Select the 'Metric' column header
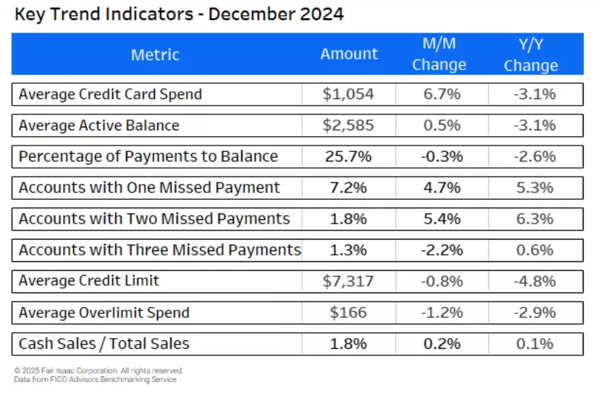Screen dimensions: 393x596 [155, 55]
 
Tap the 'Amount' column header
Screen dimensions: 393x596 [349, 54]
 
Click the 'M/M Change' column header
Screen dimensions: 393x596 [439, 54]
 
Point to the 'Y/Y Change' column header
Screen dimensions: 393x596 [531, 55]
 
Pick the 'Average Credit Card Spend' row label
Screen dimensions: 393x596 [110, 94]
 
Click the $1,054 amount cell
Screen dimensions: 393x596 [349, 94]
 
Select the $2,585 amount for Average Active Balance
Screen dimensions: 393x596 [349, 125]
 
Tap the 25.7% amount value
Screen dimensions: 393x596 [349, 156]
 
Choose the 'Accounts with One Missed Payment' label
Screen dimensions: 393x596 [149, 187]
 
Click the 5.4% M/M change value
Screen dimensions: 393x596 [442, 219]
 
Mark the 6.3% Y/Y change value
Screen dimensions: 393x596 [535, 219]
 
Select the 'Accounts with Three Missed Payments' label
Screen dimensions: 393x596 [159, 250]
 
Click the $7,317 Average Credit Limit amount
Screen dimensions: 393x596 [349, 281]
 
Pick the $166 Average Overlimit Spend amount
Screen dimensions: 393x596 [349, 313]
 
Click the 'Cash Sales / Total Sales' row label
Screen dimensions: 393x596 [104, 344]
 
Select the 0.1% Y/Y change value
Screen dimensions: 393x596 [535, 344]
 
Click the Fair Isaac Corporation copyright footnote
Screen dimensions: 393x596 [98, 371]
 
